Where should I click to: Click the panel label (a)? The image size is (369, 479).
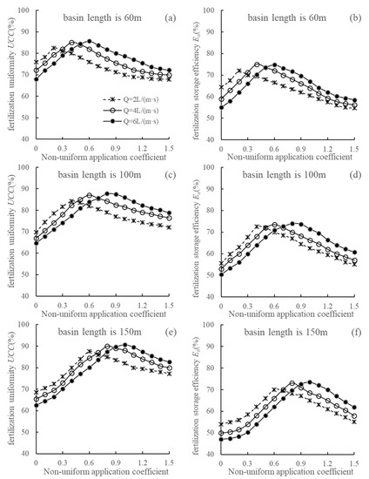coord(163,17)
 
